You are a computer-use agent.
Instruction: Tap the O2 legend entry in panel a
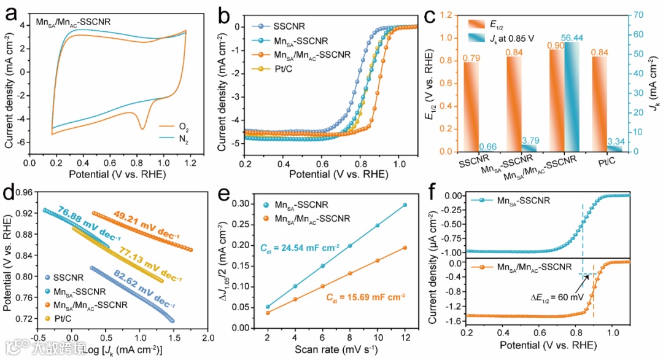[x=183, y=127]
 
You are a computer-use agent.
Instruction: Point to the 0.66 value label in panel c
[x=487, y=146]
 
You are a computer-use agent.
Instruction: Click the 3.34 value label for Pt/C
[x=614, y=141]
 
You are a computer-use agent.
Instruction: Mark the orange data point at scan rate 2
[x=268, y=313]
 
